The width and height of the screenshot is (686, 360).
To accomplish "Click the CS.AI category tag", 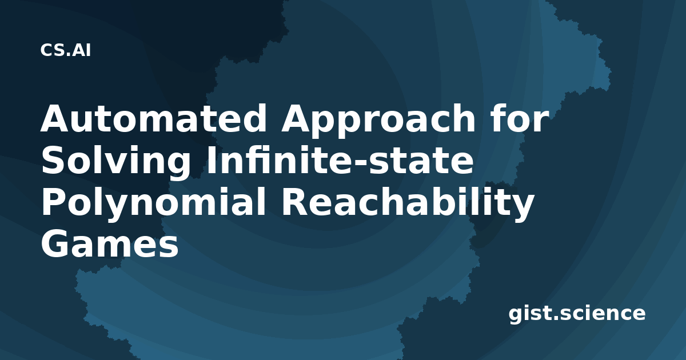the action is pyautogui.click(x=66, y=50).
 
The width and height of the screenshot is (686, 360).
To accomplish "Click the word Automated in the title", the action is pyautogui.click(x=153, y=118).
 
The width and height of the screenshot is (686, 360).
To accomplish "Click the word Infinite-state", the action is pyautogui.click(x=340, y=160).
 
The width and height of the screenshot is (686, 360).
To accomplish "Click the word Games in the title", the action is pyautogui.click(x=110, y=244).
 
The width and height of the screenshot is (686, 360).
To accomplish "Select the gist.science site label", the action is pyautogui.click(x=577, y=314).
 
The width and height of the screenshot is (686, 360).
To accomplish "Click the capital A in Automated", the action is pyautogui.click(x=57, y=118).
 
